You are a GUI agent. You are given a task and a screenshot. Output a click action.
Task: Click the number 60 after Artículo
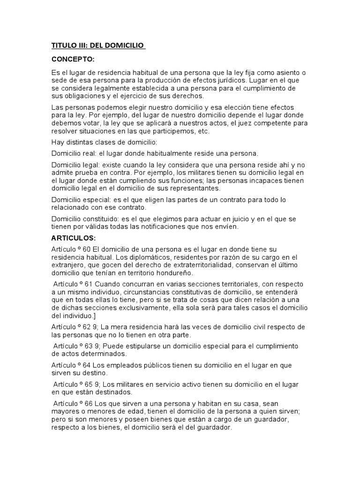pos(86,249)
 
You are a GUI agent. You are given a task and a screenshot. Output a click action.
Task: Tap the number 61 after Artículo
pos(89,284)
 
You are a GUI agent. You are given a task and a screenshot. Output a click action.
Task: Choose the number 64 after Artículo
pos(86,365)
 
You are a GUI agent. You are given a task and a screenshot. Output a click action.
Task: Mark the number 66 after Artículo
pos(89,404)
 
